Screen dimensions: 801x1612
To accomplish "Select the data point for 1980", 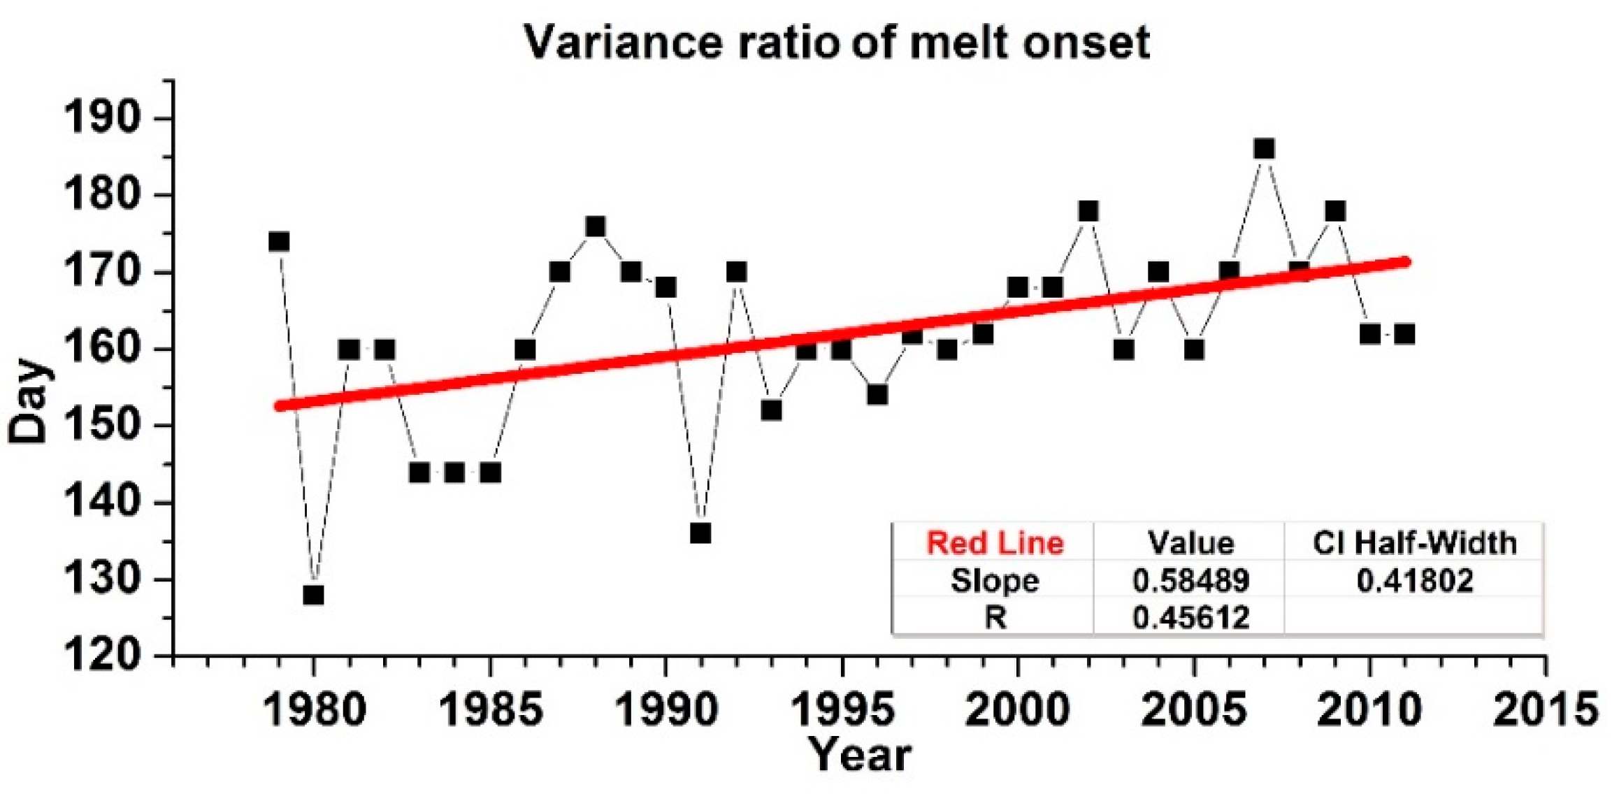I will (314, 595).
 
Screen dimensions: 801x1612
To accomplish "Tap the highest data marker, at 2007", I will (1264, 149).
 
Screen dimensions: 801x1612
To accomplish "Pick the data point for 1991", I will (700, 533).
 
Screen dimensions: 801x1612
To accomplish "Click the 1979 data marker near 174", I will (279, 242).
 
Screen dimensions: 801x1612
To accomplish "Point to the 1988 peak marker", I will (595, 226).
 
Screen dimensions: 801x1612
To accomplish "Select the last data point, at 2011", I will (1404, 334).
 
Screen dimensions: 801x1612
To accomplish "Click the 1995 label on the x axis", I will (842, 709).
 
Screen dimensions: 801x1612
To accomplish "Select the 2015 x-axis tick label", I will (1545, 709).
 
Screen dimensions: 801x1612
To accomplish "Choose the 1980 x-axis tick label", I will (314, 709).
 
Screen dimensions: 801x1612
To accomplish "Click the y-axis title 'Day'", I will (28, 401).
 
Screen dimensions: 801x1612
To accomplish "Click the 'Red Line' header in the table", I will (995, 543).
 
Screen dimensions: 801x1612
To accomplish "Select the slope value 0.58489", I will (1190, 580).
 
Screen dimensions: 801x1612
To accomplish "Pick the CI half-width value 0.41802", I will (1415, 580).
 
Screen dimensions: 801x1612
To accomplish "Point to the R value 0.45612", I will (1190, 617).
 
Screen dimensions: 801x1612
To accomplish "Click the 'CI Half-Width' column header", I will (1415, 543).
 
